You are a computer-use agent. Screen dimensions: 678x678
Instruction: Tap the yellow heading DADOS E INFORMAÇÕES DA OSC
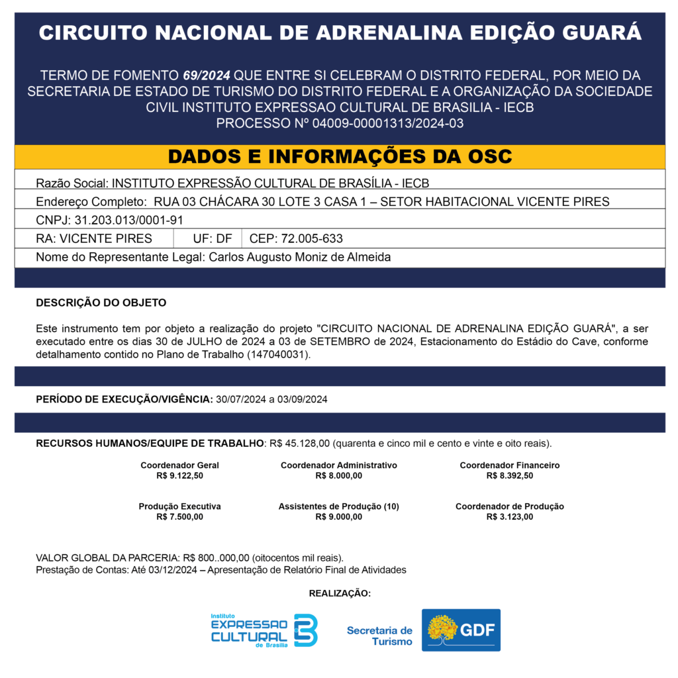pyautogui.click(x=340, y=156)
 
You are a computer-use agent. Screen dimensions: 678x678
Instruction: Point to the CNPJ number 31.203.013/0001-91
pyautogui.click(x=128, y=219)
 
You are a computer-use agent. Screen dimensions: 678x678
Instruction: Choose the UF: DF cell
pyautogui.click(x=213, y=238)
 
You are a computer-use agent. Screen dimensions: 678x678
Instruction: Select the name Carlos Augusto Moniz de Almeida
pyautogui.click(x=299, y=257)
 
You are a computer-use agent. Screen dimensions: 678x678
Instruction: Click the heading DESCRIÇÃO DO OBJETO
pyautogui.click(x=101, y=303)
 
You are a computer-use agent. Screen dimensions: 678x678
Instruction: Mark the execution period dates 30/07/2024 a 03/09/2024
pyautogui.click(x=271, y=399)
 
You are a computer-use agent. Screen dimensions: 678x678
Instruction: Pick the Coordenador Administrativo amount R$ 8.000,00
pyautogui.click(x=338, y=475)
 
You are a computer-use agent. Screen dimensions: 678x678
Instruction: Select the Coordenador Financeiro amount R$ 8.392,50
pyautogui.click(x=509, y=475)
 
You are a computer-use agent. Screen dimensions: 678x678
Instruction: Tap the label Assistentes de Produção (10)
pyautogui.click(x=338, y=507)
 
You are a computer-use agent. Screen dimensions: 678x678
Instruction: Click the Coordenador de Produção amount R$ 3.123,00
pyautogui.click(x=509, y=517)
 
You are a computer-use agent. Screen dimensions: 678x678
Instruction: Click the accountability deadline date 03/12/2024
pyautogui.click(x=173, y=569)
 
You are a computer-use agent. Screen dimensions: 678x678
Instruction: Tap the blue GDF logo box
pyautogui.click(x=461, y=630)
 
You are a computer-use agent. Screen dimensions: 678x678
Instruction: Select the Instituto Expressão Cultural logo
pyautogui.click(x=264, y=630)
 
